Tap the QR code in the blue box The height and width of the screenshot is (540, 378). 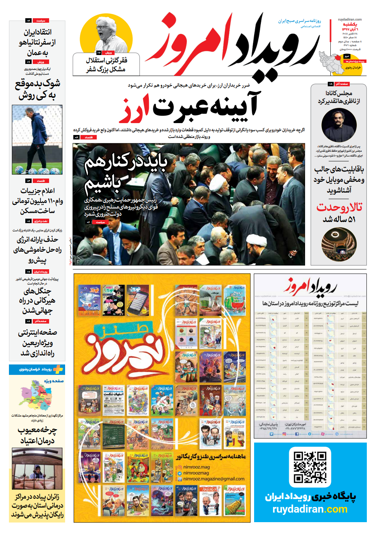point(310,467)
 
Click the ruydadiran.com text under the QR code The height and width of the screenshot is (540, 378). point(310,509)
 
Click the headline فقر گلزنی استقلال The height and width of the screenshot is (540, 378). point(106,64)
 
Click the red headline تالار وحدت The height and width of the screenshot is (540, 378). point(339,207)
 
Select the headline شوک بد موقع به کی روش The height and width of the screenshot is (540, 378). point(37,89)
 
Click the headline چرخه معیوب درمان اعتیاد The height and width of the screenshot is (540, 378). point(37,435)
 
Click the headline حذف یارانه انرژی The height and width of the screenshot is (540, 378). point(37,249)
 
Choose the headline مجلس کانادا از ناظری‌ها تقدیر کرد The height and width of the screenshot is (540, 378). point(339,97)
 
